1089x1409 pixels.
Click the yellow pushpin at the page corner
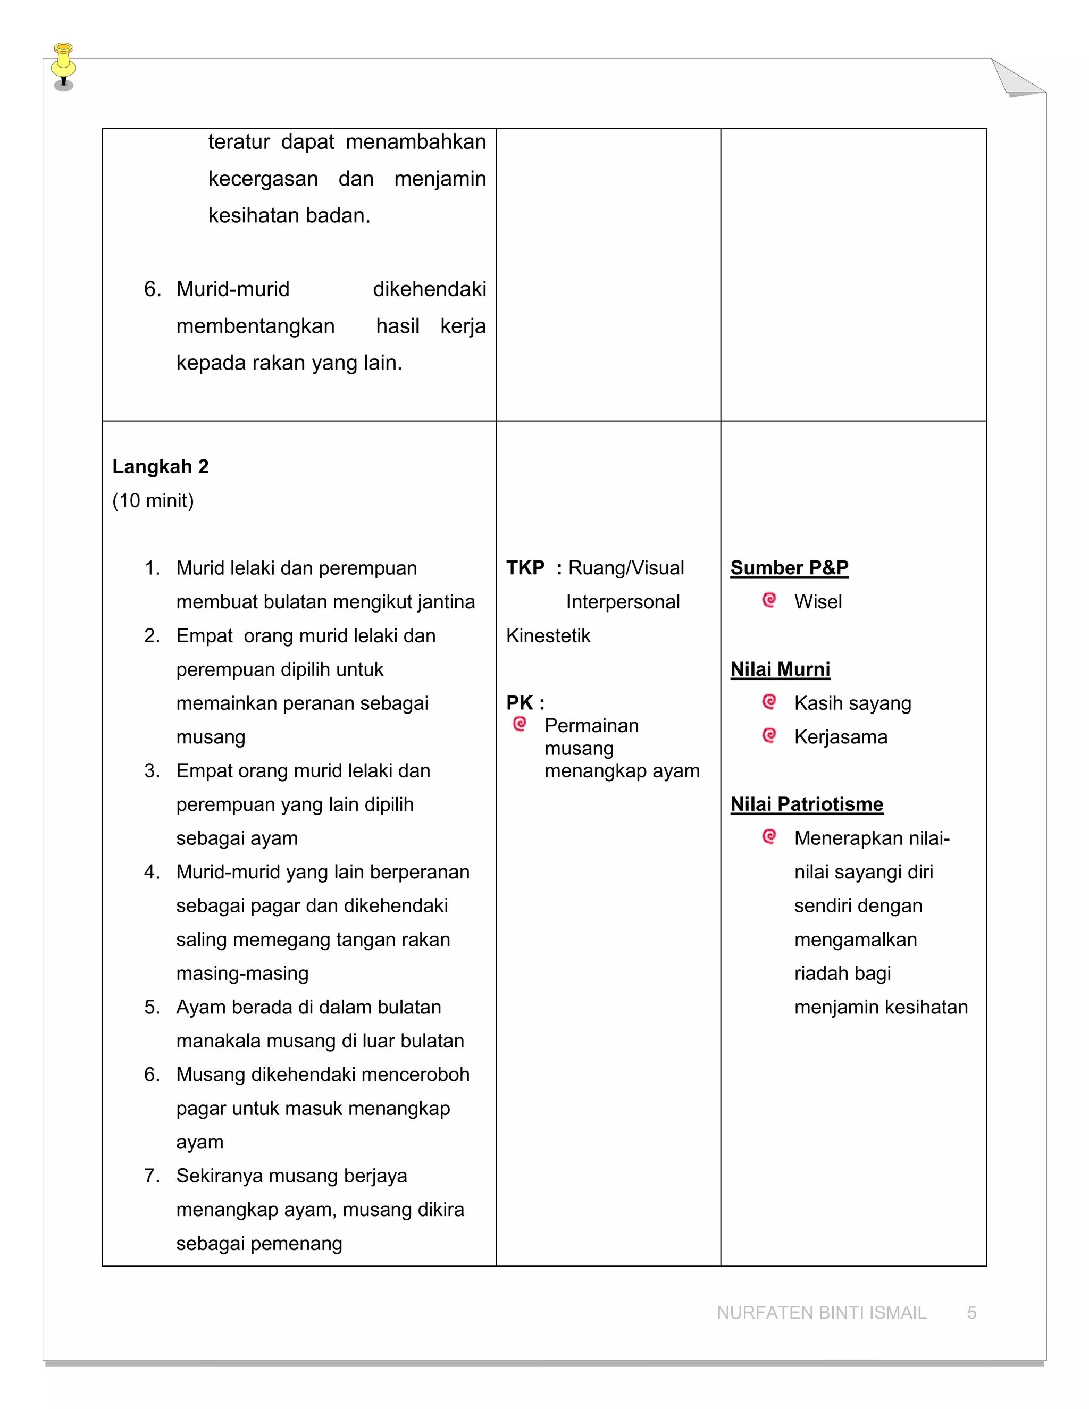[63, 64]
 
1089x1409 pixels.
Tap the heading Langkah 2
[160, 466]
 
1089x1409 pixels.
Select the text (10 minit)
[153, 501]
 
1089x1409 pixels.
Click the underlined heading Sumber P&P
[789, 568]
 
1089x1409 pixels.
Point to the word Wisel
[818, 602]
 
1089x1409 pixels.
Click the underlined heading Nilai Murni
[780, 669]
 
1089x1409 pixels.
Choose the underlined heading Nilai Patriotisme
[807, 804]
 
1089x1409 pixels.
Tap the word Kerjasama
[841, 737]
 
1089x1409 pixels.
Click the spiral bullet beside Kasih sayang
[769, 701]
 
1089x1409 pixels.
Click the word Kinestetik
[548, 636]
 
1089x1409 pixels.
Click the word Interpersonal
[623, 602]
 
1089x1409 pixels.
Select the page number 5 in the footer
[971, 1313]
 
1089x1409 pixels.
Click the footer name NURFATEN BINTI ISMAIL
[821, 1313]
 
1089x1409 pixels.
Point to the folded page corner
[1016, 79]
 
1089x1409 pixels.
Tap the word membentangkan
[255, 326]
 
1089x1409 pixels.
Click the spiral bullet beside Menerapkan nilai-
[769, 837]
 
